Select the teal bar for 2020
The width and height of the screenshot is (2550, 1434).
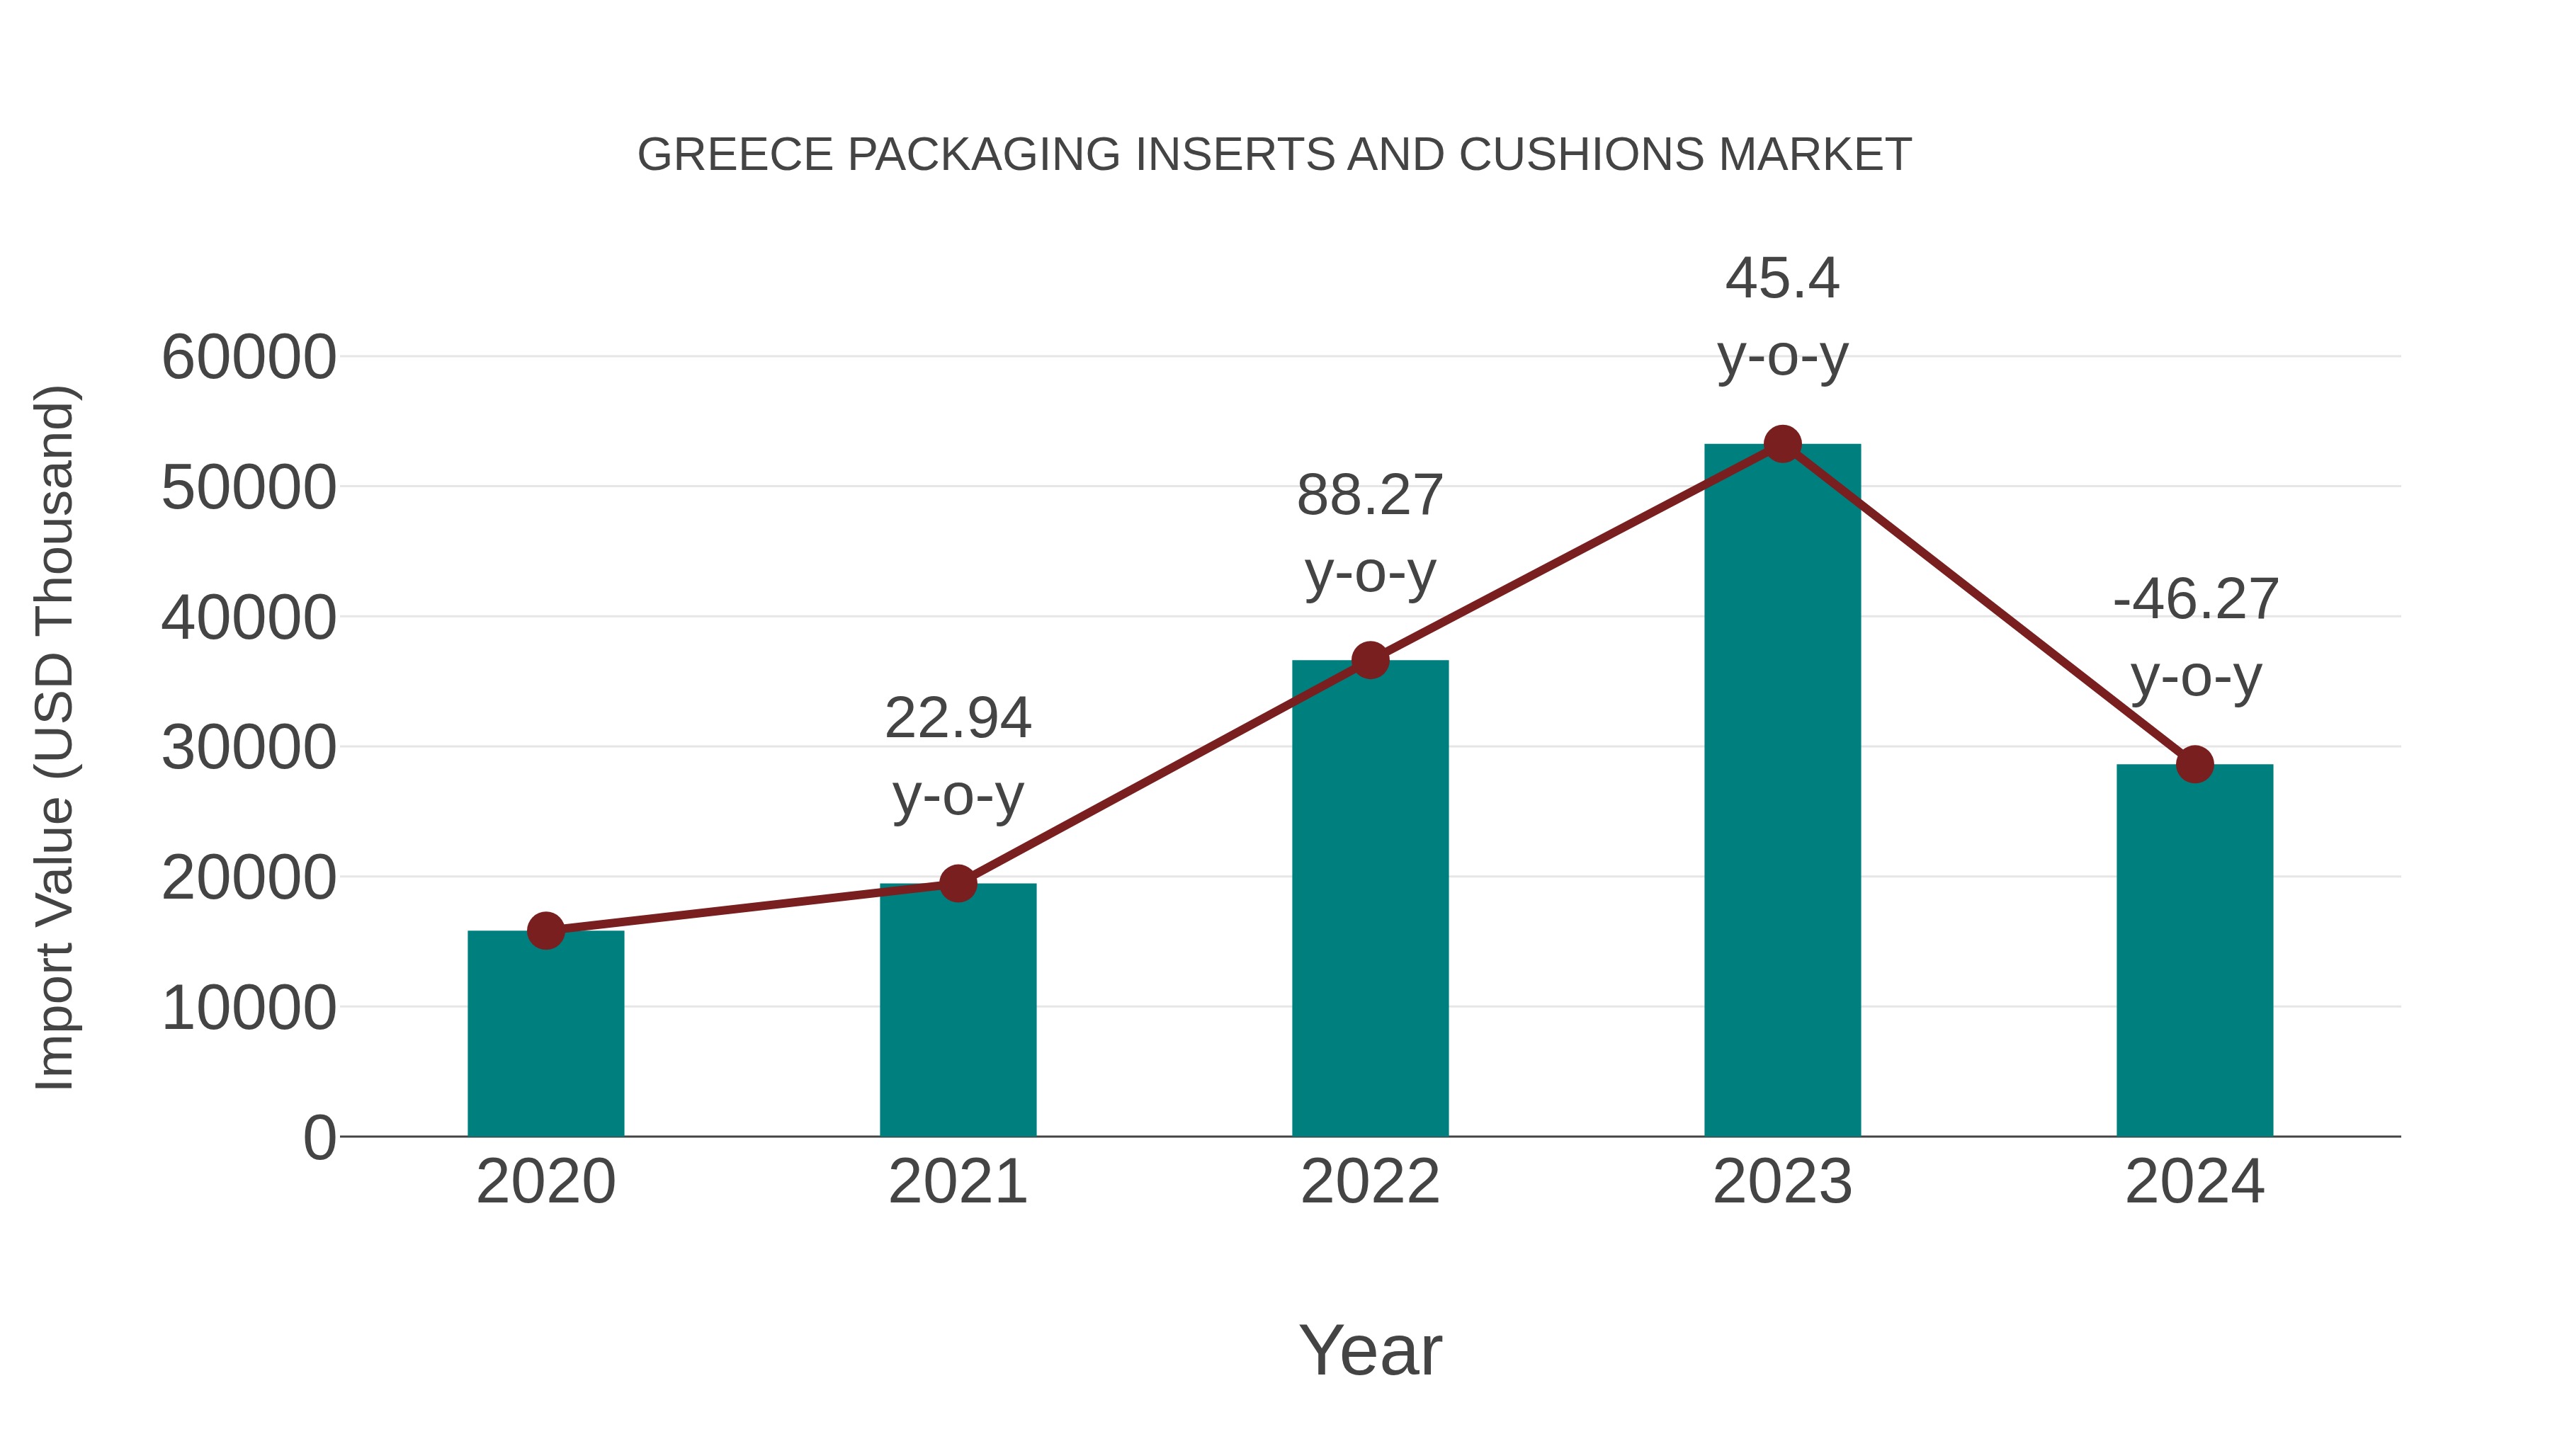[x=545, y=1034]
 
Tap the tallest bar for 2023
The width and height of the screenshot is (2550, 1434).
[x=1782, y=792]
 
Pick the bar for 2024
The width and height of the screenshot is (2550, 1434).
[x=2194, y=950]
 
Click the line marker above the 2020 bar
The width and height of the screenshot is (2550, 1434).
[x=545, y=931]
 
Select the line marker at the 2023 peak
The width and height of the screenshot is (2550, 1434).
[x=1782, y=444]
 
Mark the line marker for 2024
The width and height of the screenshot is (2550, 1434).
[x=2194, y=764]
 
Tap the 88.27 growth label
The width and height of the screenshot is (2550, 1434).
[x=1370, y=496]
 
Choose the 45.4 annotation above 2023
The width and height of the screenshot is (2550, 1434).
[x=1782, y=279]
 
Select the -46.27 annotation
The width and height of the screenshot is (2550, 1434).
[x=2194, y=600]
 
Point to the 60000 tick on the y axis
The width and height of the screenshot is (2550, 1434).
[x=249, y=358]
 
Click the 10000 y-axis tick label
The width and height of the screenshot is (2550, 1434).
[x=249, y=1008]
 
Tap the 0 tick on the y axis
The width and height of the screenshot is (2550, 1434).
[x=319, y=1138]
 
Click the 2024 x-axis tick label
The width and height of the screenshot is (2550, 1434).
[x=2194, y=1183]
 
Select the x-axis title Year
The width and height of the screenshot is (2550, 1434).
[x=1370, y=1351]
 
